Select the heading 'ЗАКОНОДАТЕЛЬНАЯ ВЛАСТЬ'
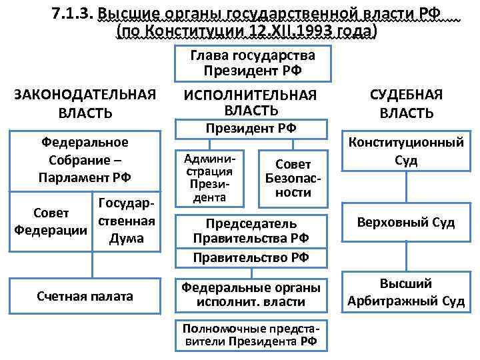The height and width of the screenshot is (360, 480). [85, 104]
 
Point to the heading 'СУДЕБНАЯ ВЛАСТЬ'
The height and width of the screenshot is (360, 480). [406, 104]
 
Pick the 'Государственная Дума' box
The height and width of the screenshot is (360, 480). [126, 220]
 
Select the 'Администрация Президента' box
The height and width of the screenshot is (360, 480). [210, 177]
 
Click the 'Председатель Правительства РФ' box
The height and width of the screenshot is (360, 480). [251, 230]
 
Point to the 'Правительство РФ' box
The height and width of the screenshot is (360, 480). [251, 257]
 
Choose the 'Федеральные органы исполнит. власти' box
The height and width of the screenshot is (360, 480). [251, 294]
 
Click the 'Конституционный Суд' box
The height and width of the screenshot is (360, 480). [406, 151]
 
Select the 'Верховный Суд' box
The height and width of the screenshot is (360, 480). [406, 223]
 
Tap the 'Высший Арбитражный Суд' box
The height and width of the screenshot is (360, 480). [406, 293]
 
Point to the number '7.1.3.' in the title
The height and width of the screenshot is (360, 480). [72, 13]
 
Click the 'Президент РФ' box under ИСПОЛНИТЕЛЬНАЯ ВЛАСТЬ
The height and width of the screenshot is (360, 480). [251, 128]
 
